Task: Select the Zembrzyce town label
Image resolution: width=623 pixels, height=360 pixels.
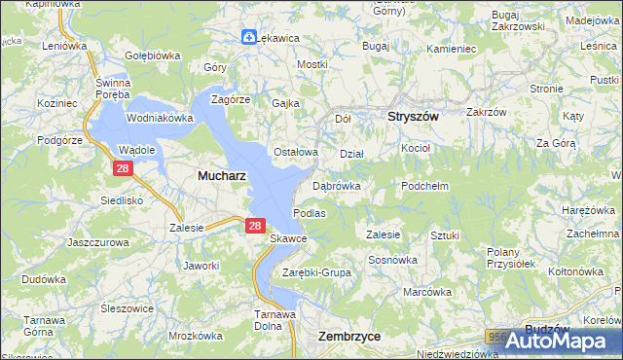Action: tap(349, 335)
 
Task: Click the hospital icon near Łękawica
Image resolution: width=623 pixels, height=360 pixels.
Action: tap(249, 37)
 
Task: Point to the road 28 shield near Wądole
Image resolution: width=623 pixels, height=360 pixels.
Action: tap(122, 168)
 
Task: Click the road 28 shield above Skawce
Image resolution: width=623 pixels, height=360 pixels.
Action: tap(254, 225)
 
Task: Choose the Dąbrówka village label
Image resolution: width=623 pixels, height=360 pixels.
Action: tap(337, 185)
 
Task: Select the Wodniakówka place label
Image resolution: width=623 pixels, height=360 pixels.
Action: tap(161, 118)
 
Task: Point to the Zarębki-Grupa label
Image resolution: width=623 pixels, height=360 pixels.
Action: tap(316, 272)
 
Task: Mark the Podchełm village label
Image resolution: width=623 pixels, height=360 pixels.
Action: tap(423, 185)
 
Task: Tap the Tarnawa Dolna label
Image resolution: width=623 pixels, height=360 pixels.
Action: tap(275, 320)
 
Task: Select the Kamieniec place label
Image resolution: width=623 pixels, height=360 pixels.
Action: tap(450, 48)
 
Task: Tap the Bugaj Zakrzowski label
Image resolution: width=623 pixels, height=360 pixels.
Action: tap(518, 21)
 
